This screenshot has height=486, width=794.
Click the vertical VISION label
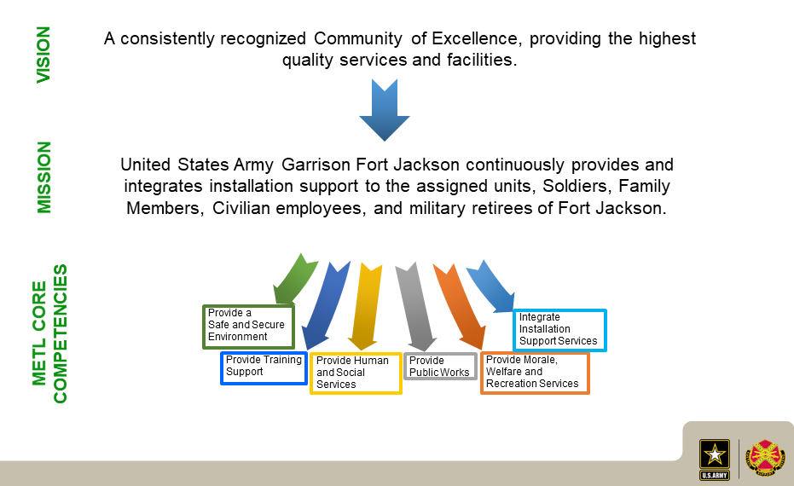tap(43, 55)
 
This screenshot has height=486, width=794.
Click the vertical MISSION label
tap(44, 177)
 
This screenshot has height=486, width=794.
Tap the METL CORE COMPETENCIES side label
tap(49, 333)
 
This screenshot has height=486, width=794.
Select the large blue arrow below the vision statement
tap(385, 109)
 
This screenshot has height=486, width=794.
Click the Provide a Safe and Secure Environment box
tap(248, 327)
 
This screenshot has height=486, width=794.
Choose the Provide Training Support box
tap(264, 368)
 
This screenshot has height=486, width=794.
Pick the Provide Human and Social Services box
tap(356, 373)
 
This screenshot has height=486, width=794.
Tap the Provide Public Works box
tap(440, 366)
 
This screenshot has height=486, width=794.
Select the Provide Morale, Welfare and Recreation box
tap(535, 373)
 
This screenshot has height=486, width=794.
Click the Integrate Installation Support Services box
tap(559, 330)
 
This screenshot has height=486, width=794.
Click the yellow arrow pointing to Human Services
tap(366, 307)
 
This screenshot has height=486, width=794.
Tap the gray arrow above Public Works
tap(416, 307)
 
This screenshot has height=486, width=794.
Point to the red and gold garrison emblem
tap(765, 458)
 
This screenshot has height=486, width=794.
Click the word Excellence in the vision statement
tap(474, 38)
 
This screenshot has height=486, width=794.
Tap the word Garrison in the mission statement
tap(316, 165)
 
